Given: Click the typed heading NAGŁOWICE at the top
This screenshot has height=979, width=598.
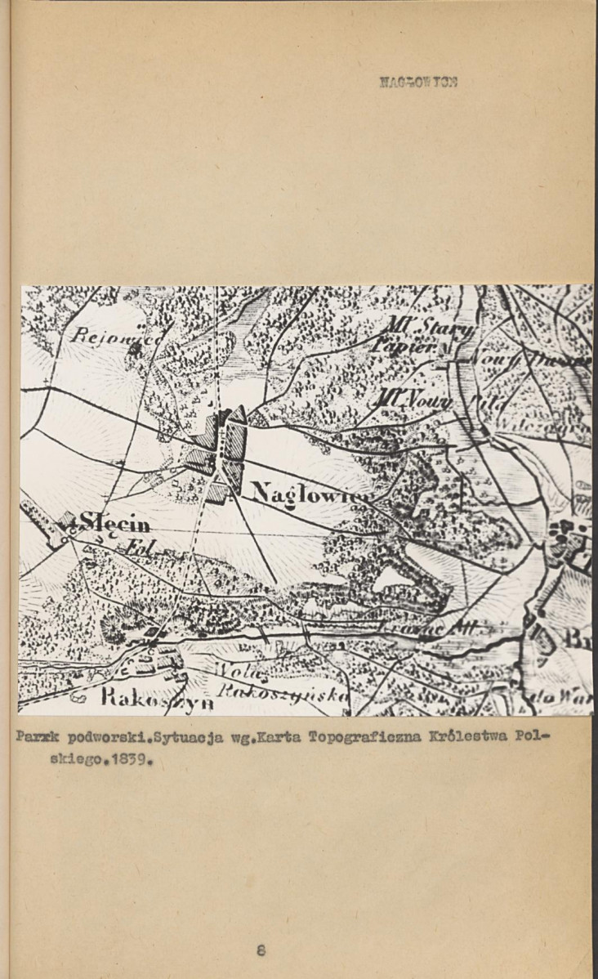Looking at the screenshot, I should pyautogui.click(x=418, y=82).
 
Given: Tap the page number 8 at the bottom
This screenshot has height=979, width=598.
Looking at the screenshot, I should pyautogui.click(x=260, y=950).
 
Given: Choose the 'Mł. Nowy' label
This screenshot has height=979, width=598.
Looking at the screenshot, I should pyautogui.click(x=413, y=400).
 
